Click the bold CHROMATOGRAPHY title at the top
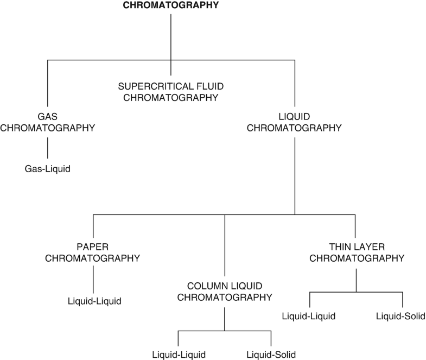[171, 6]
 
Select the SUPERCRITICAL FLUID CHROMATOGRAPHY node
[171, 92]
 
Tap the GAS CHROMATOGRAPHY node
[48, 122]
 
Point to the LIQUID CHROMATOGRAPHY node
[294, 122]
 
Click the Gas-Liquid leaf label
[48, 169]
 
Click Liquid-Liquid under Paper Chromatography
[94, 300]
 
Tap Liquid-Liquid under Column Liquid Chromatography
[179, 355]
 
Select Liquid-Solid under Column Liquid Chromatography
[271, 355]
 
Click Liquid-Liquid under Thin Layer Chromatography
[309, 316]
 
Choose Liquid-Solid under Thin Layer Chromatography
[402, 316]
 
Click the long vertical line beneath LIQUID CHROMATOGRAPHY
[294, 174]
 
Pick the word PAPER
[93, 245]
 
